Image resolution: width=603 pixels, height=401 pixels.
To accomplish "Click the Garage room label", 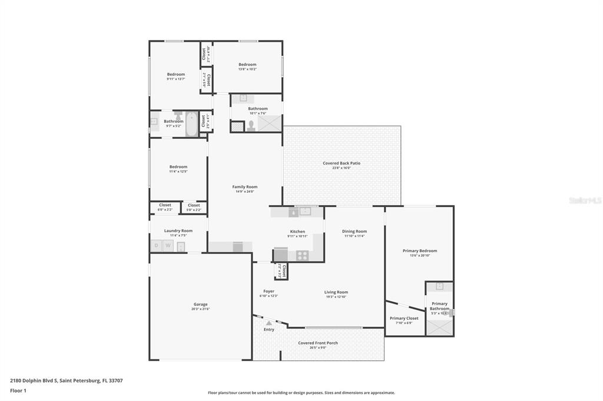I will [200, 304].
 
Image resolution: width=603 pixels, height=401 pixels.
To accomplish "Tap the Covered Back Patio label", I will [341, 163].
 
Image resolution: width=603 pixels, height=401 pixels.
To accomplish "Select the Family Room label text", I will [244, 187].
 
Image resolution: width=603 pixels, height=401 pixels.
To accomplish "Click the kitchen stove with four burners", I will [301, 255].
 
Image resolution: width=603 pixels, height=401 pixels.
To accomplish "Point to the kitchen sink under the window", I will [305, 211].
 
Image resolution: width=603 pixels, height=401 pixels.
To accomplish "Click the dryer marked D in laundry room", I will [157, 246].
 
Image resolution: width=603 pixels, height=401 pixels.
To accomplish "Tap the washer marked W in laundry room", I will [168, 246].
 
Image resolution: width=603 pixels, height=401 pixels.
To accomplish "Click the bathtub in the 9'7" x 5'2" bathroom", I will [192, 123].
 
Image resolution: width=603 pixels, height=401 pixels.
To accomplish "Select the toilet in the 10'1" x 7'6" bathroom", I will [251, 125].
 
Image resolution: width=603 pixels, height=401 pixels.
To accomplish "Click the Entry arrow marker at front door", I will [269, 323].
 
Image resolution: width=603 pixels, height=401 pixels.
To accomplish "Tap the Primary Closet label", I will [404, 318].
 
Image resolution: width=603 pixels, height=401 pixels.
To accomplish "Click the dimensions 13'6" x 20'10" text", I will [420, 255].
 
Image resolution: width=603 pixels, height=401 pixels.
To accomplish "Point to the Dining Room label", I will [354, 231].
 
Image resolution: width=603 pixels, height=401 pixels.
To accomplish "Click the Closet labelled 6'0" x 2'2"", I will [165, 205].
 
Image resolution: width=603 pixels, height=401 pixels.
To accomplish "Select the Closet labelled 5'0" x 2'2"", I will [194, 205].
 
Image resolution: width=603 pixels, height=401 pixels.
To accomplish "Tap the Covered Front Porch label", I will [317, 343].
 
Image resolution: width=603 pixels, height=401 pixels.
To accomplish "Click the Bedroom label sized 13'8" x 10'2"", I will [247, 64].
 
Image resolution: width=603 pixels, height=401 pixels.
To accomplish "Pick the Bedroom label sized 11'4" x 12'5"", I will [178, 166].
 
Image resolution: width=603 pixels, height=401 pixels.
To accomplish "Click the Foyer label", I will [269, 291].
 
